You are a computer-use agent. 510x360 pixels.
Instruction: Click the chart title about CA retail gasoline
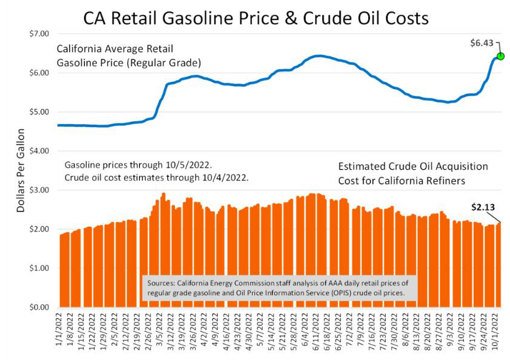(256, 18)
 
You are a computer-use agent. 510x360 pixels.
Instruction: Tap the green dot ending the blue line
(500, 56)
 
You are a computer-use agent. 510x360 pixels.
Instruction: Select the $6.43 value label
(482, 43)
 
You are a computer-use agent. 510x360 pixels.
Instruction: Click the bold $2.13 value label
(483, 207)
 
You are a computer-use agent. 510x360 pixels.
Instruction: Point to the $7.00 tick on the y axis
(39, 34)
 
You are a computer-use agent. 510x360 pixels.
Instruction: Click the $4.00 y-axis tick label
(39, 151)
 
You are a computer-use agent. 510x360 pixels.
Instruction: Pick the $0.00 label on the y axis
(39, 307)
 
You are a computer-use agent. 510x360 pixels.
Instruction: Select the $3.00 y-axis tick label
(39, 190)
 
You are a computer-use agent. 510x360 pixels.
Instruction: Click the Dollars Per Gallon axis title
(21, 170)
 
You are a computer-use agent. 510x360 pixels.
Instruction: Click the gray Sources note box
(279, 288)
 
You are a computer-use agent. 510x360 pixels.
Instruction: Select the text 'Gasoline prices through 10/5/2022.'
(138, 165)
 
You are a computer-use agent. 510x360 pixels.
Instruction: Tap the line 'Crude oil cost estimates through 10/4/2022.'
(156, 178)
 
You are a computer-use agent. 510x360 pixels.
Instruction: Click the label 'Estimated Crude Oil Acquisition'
(413, 167)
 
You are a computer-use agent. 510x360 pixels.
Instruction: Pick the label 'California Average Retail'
(115, 49)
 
